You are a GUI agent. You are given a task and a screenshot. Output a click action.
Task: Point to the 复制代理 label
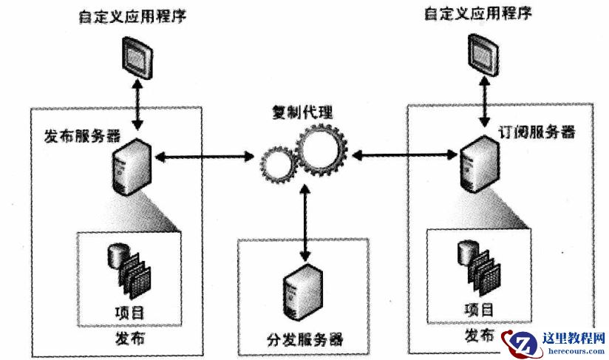tap(303, 112)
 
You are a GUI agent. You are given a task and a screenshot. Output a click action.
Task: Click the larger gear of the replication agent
tap(321, 151)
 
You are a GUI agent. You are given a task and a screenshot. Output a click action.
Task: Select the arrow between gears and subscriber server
tap(404, 154)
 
